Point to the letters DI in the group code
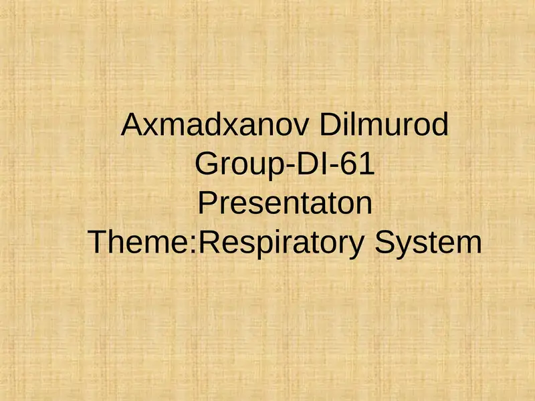coord(306,164)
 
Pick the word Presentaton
coord(285,203)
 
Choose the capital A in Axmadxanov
coord(132,125)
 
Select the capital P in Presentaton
coord(207,203)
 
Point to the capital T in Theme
coord(98,242)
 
